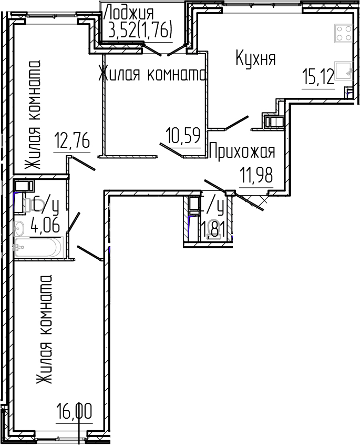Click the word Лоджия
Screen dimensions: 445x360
129,12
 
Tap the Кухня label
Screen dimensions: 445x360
255,58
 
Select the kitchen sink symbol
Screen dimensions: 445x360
344,72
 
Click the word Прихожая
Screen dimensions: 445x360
242,152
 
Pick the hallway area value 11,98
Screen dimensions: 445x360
256,175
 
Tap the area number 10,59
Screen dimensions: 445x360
183,137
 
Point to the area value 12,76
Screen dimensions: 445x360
72,141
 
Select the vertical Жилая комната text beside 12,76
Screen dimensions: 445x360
33,114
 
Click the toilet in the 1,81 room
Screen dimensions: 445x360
213,231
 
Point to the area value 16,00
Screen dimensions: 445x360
74,411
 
